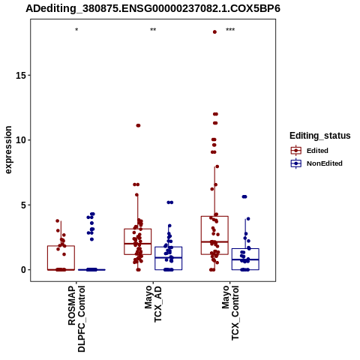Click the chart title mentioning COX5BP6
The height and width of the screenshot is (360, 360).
pos(153,8)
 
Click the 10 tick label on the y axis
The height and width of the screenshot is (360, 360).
pos(21,140)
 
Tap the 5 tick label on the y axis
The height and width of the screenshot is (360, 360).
pos(24,205)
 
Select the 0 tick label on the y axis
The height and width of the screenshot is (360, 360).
pos(24,270)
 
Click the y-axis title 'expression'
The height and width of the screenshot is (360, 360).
pos(8,150)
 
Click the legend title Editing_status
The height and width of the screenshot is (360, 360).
pos(320,136)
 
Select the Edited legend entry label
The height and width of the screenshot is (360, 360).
pos(317,151)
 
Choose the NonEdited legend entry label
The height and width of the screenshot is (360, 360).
pos(325,163)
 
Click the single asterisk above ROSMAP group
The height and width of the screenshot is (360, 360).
pos(76,30)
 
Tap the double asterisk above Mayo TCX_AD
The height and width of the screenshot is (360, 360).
pos(153,30)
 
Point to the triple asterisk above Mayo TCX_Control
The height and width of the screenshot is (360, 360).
pos(230,30)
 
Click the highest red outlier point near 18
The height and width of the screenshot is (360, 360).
pos(214,32)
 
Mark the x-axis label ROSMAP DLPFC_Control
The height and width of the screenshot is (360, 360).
pos(76,319)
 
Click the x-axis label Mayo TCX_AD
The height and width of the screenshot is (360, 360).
pos(153,304)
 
